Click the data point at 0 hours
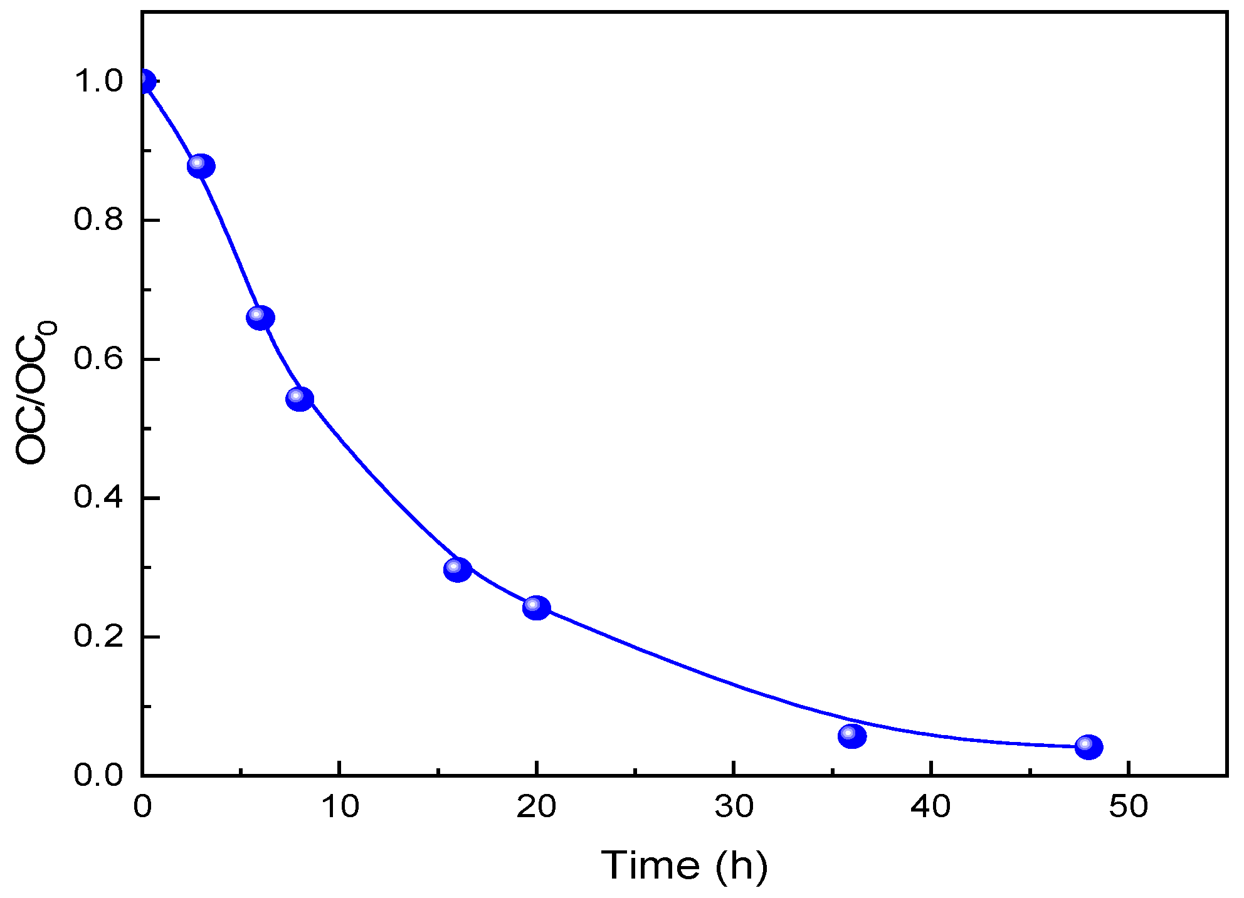click(144, 81)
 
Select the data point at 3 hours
click(201, 166)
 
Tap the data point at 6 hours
click(260, 318)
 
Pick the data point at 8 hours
click(300, 399)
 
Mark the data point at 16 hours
click(458, 570)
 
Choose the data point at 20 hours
click(537, 608)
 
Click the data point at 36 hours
click(852, 736)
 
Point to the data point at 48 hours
click(1089, 747)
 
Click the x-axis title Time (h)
click(684, 866)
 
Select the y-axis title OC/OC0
click(34, 394)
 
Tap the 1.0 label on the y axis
click(98, 81)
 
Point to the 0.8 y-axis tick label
click(98, 220)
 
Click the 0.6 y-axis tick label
click(98, 359)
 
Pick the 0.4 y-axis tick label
click(98, 498)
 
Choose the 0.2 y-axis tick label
click(98, 637)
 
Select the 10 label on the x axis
click(340, 807)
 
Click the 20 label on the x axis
click(537, 807)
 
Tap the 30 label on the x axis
click(734, 807)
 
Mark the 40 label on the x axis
click(931, 807)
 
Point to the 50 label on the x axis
click(1129, 807)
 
